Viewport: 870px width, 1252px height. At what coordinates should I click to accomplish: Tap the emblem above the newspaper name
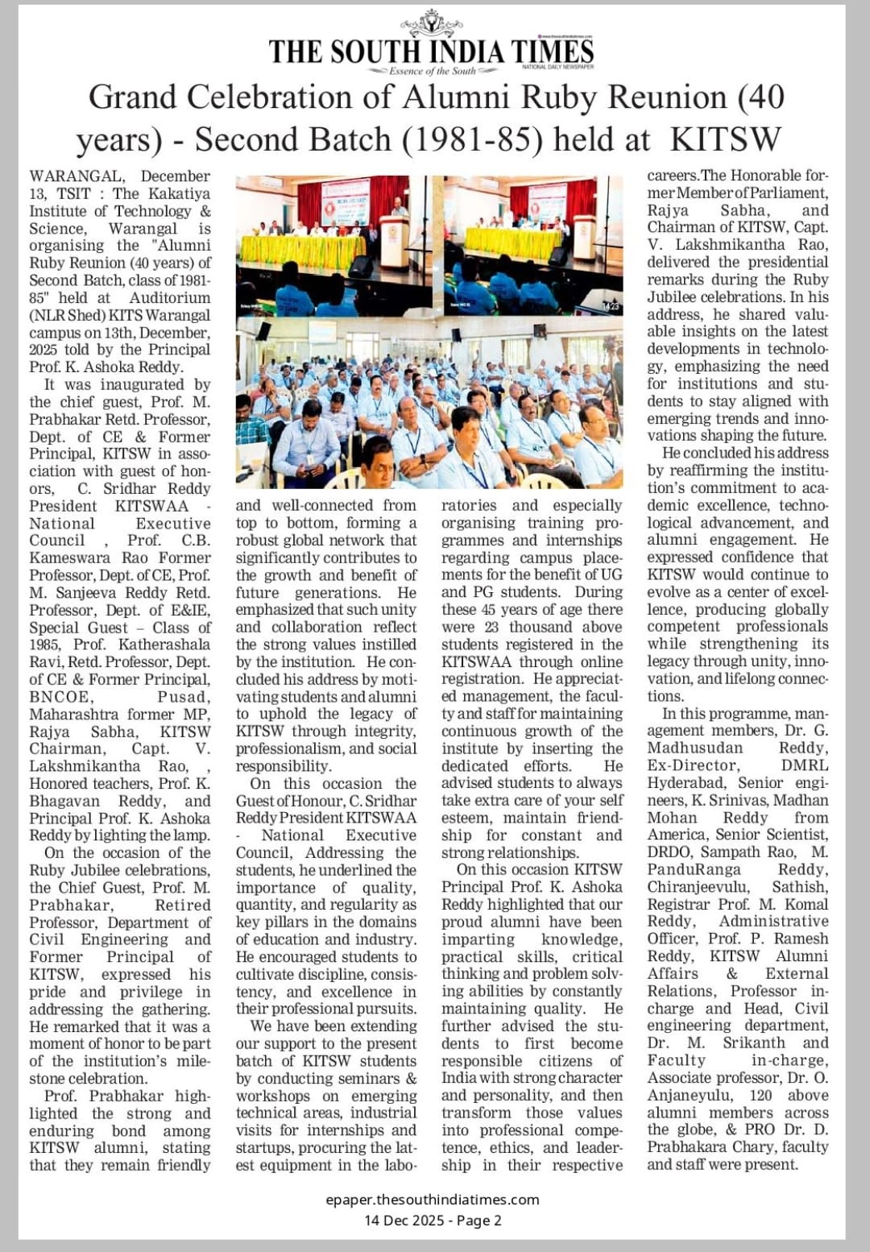432,22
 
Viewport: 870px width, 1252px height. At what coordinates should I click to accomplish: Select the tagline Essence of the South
433,71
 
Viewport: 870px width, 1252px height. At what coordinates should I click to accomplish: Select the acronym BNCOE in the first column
60,697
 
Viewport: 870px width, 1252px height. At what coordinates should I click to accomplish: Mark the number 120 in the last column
760,1096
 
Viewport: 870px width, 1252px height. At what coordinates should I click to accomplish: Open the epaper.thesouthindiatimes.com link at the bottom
433,1200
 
